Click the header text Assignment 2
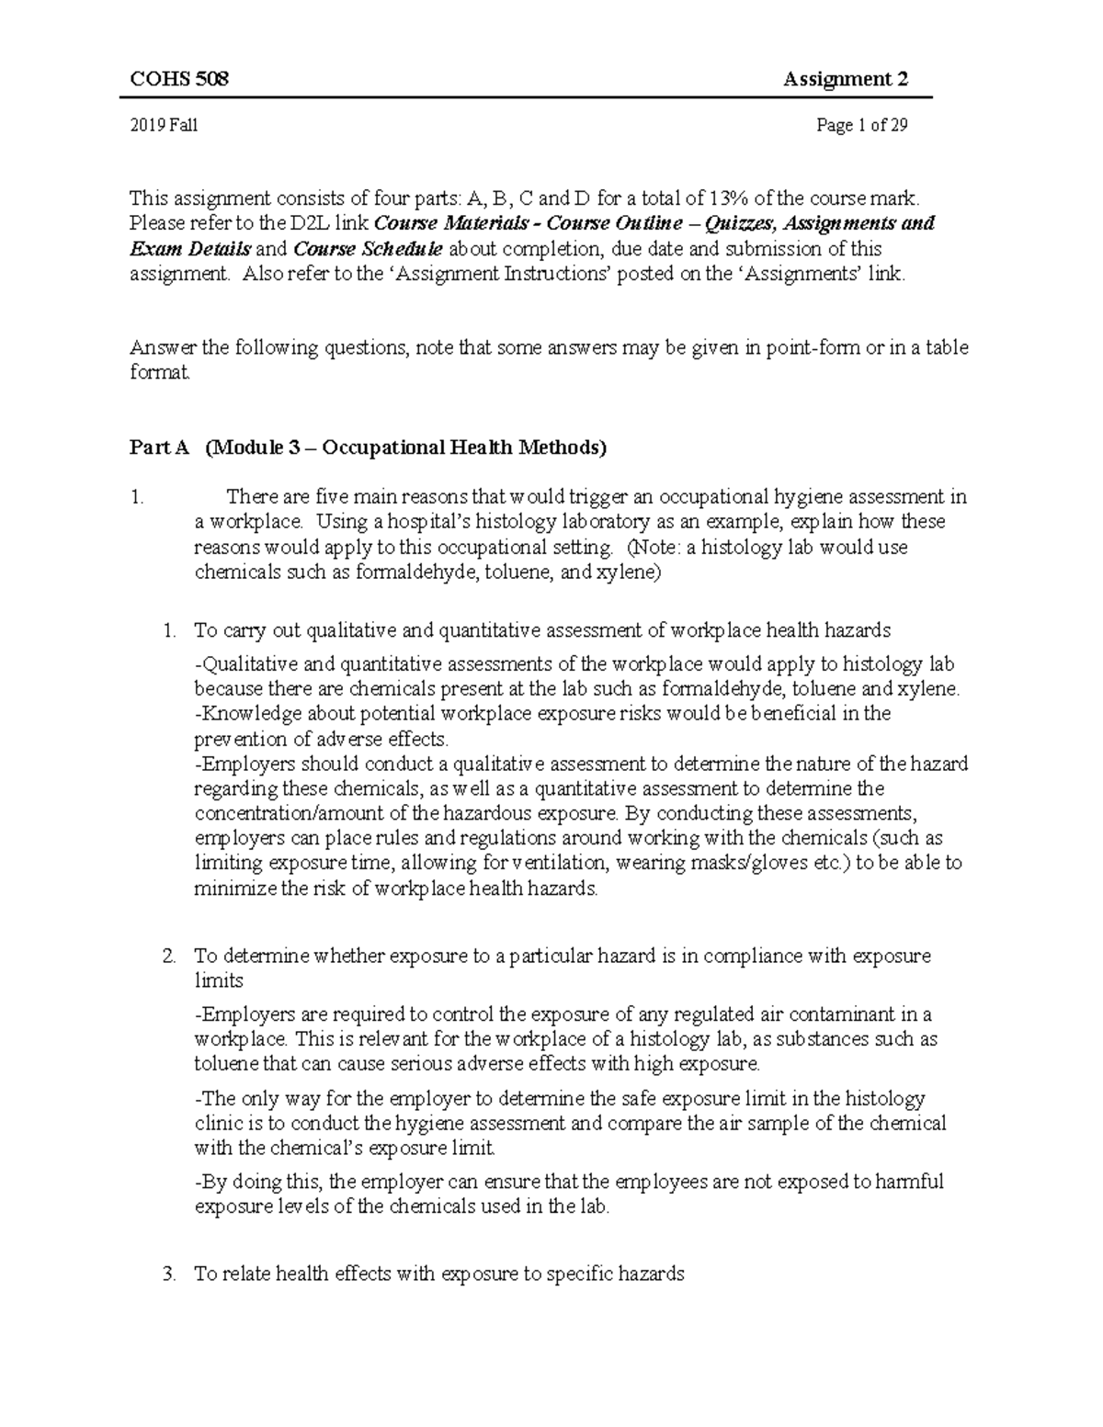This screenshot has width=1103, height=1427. click(846, 79)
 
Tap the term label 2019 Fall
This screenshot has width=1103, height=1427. click(164, 126)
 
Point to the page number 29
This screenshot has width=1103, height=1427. click(898, 126)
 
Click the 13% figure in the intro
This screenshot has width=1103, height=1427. click(725, 198)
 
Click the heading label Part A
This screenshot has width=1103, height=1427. click(159, 448)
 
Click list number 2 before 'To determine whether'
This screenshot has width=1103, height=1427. click(168, 956)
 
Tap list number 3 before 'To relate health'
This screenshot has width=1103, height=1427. click(168, 1274)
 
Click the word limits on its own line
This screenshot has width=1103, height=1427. click(219, 980)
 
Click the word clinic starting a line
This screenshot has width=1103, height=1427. click(217, 1123)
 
